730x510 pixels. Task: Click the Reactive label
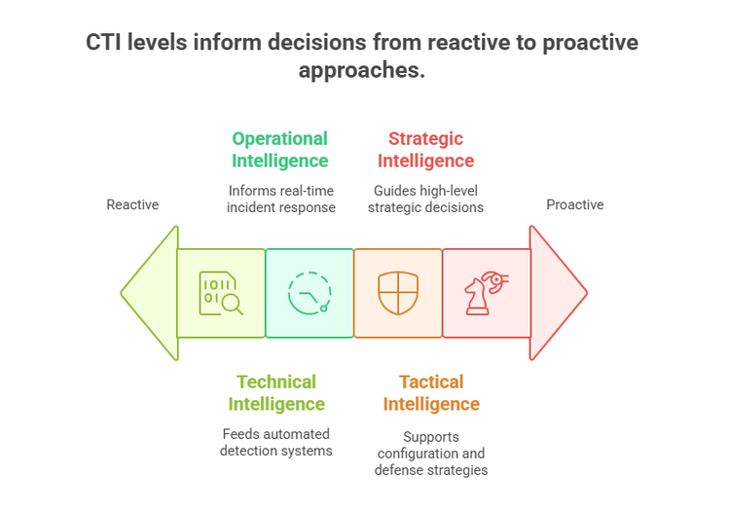pyautogui.click(x=132, y=204)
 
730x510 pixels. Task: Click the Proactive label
pyautogui.click(x=574, y=204)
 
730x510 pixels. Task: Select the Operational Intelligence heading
pyautogui.click(x=279, y=149)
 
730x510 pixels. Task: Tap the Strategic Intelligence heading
pyautogui.click(x=425, y=149)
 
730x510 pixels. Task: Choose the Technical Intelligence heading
pyautogui.click(x=276, y=392)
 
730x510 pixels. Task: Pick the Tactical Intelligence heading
pyautogui.click(x=431, y=392)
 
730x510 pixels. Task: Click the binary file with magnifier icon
pyautogui.click(x=220, y=293)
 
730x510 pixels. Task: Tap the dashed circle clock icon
pyautogui.click(x=310, y=293)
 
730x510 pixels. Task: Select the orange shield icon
pyautogui.click(x=398, y=293)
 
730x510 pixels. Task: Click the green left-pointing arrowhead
pyautogui.click(x=151, y=293)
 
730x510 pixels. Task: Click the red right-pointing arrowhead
pyautogui.click(x=557, y=293)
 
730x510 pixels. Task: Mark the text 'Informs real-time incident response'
pyautogui.click(x=281, y=199)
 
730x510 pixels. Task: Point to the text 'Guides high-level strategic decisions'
pyautogui.click(x=428, y=199)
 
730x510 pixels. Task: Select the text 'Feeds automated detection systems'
pyautogui.click(x=276, y=442)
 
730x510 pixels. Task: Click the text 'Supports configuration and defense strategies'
pyautogui.click(x=430, y=454)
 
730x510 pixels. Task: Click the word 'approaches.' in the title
pyautogui.click(x=362, y=71)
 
